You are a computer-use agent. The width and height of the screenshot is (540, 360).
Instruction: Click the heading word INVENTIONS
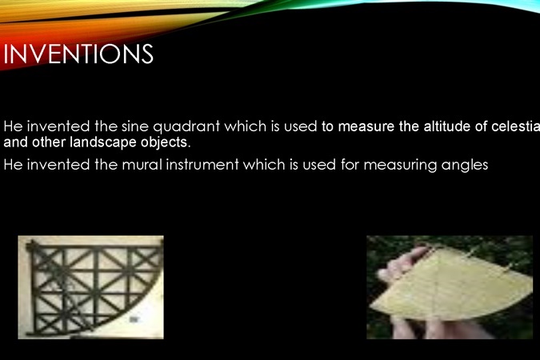click(x=78, y=54)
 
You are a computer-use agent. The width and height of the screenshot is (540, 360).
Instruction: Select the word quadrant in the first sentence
click(x=186, y=127)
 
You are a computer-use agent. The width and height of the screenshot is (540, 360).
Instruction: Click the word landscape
click(x=103, y=142)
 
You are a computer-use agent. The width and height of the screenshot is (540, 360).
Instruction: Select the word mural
click(x=142, y=165)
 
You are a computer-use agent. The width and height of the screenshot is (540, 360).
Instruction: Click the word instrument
click(x=202, y=165)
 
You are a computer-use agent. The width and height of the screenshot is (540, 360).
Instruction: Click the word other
click(x=50, y=142)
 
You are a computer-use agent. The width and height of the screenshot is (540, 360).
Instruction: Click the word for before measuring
click(x=350, y=165)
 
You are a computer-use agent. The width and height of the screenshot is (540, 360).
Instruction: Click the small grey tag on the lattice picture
click(x=134, y=320)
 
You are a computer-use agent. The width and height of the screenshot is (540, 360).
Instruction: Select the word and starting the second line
click(x=16, y=142)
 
